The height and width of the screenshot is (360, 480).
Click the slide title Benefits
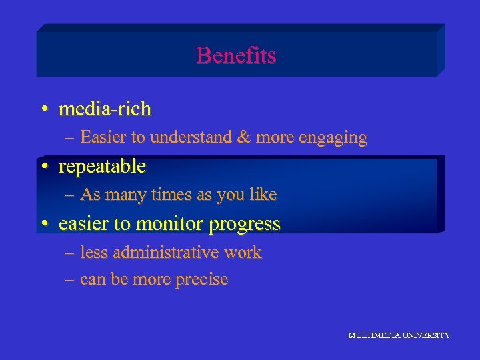(236, 55)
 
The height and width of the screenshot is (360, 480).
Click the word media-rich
(105, 109)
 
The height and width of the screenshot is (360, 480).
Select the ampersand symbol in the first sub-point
(243, 137)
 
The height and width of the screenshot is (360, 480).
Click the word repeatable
(102, 167)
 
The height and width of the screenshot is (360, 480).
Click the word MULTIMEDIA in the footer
(373, 335)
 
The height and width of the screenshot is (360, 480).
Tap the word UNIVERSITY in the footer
(425, 335)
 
